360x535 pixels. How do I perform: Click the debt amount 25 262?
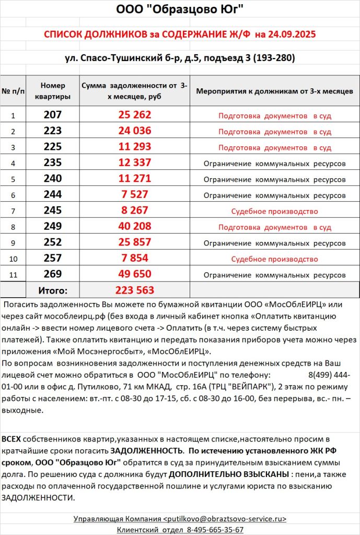134,115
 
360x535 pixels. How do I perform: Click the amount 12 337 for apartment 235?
134,163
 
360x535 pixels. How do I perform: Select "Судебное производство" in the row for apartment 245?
274,211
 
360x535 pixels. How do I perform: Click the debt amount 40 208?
134,227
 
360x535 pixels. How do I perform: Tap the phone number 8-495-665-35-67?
215,529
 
